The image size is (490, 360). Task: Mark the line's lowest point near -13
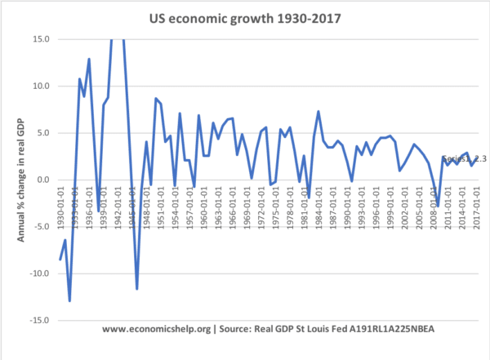(x=70, y=300)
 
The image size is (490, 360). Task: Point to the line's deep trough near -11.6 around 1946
(x=136, y=288)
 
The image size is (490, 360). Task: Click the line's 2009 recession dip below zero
(x=438, y=205)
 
